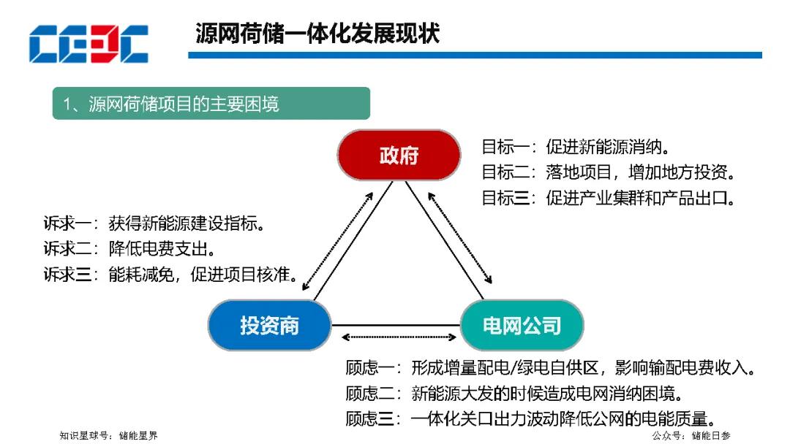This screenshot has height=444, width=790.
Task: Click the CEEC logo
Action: [x=89, y=44]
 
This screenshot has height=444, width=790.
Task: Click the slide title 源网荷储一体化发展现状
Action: [x=317, y=34]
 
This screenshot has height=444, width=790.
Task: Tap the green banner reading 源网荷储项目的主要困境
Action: [x=211, y=103]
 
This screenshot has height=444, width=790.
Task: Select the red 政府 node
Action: [x=399, y=155]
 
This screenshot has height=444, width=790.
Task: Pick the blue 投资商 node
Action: [x=269, y=325]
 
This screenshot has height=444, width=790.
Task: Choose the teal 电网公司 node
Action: [x=522, y=325]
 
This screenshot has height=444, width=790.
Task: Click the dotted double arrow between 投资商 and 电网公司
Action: [x=399, y=337]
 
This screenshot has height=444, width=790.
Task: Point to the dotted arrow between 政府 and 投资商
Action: [x=337, y=242]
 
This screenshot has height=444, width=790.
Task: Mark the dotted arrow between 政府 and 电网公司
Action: [x=459, y=238]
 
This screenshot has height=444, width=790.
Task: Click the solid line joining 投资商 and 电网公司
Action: [x=396, y=325]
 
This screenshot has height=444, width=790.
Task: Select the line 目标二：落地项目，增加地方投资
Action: [x=608, y=172]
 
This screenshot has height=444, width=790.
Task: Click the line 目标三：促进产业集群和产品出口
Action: [x=608, y=198]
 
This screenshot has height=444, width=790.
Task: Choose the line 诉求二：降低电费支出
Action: [x=129, y=248]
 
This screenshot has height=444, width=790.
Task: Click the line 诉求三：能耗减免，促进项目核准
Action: [x=170, y=274]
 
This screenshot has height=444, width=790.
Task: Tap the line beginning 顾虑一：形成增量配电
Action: [x=551, y=367]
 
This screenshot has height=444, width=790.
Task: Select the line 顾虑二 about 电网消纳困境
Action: [x=514, y=393]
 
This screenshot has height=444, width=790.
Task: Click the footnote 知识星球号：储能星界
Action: [x=108, y=435]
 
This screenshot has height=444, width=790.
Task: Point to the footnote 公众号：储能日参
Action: [x=691, y=435]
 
